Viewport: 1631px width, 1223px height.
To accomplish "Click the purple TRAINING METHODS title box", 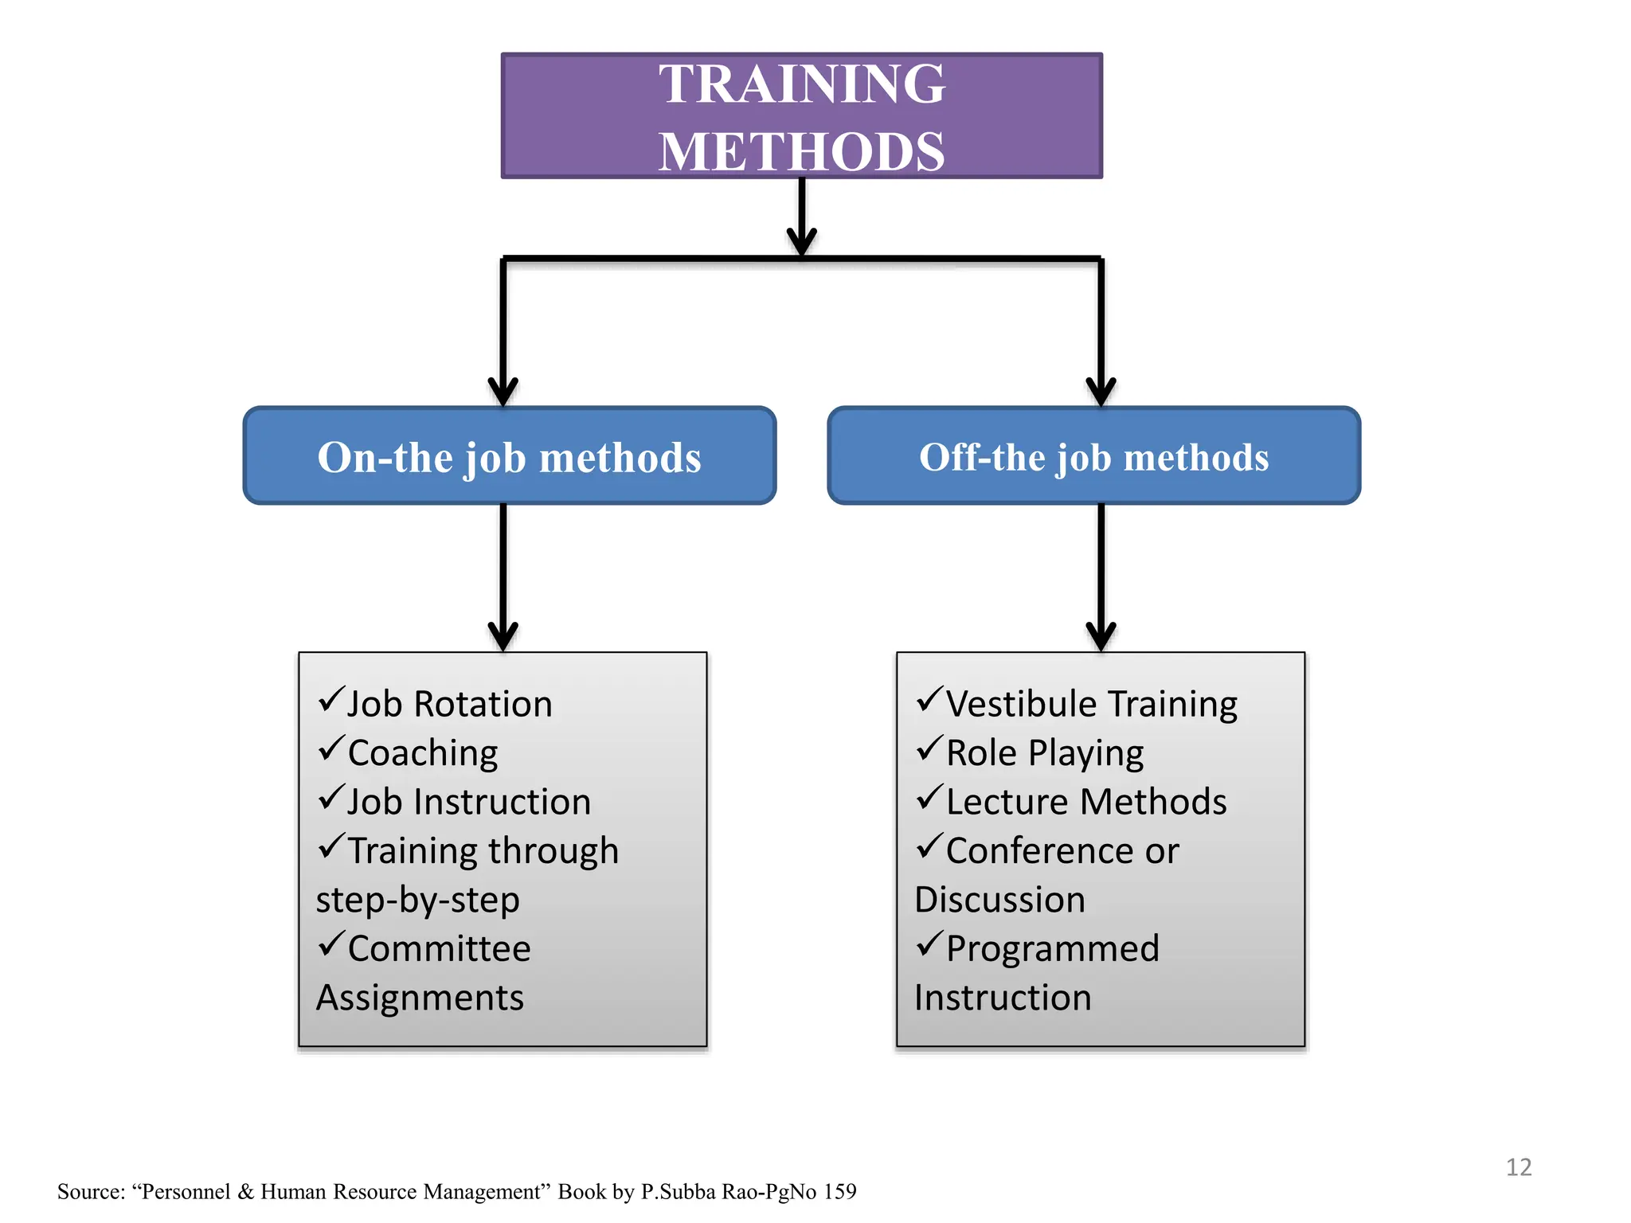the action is pos(801,116).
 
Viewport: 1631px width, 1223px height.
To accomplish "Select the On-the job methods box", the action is pos(509,456).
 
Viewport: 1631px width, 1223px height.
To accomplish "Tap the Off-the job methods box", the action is pos(1093,456).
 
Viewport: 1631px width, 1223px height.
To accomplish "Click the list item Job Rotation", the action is pos(449,705).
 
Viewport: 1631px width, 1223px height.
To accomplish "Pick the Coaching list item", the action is pos(422,753).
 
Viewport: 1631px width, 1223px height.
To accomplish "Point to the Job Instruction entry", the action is pos(468,802).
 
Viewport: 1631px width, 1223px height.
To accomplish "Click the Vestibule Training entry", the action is pos(1091,705).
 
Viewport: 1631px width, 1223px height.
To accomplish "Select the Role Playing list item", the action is pos(1044,753).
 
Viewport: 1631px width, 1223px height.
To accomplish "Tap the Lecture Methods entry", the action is pos(1085,802).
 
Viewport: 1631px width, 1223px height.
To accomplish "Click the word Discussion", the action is pos(999,900).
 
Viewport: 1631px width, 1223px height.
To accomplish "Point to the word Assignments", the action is pos(420,998).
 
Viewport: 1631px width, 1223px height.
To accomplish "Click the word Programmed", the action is pos(1052,948).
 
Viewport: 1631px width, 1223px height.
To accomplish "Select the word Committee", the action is pos(439,948).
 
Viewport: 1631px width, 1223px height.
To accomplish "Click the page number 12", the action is pos(1519,1167).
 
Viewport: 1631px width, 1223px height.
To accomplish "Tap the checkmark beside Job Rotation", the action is pos(331,700).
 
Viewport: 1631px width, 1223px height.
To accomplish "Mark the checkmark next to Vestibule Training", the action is pos(929,700).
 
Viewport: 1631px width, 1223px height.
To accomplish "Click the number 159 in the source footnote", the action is pos(839,1192).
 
